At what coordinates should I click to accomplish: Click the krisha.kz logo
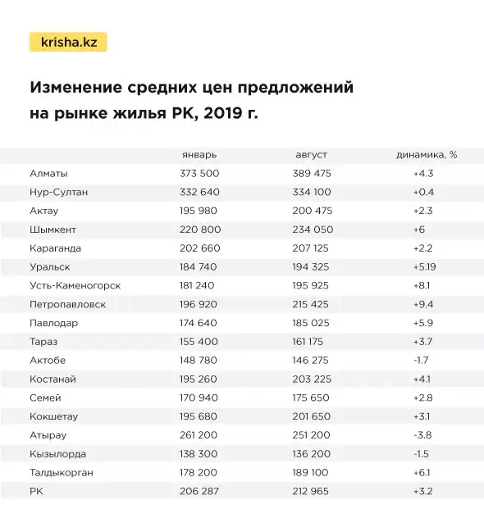coord(69,42)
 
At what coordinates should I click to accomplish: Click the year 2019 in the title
coord(220,113)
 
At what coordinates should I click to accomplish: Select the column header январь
coord(199,155)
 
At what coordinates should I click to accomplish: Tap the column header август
coord(312,155)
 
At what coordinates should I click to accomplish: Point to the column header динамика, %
coord(427,155)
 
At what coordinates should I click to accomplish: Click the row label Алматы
coord(48,174)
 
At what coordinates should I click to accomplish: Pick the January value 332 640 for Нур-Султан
coord(199,192)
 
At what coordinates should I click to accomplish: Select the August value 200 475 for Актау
coord(312,211)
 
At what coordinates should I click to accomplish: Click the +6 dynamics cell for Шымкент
coord(418,230)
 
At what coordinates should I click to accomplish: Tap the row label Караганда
coord(55,248)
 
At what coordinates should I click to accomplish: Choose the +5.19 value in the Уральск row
coord(426,267)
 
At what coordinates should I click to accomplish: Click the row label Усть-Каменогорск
coord(75,285)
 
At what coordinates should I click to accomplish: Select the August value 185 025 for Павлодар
coord(312,323)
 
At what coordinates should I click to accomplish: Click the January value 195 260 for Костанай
coord(199,379)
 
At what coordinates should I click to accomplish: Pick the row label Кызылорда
coord(57,454)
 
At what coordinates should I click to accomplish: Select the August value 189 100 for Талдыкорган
coord(312,473)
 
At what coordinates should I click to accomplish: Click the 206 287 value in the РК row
coord(199,492)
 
